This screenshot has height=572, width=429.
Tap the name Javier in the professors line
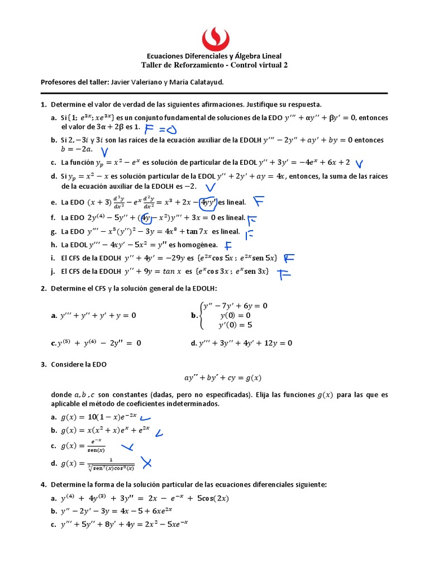point(122,82)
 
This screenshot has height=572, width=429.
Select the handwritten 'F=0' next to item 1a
point(160,130)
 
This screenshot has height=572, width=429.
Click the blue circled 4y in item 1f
point(146,217)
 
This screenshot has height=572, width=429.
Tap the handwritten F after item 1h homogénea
point(228,245)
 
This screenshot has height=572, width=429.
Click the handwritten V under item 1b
point(104,151)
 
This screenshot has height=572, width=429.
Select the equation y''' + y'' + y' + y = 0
point(98,315)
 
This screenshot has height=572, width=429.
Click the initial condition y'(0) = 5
point(236,325)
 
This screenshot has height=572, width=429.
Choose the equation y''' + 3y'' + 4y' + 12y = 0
point(245,343)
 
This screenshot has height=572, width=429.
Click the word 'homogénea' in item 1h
point(199,244)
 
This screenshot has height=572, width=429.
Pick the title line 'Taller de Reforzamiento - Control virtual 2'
point(214,65)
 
